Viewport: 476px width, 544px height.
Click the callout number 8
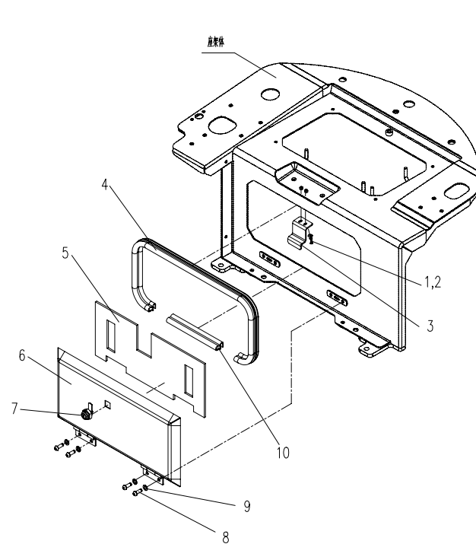(225, 536)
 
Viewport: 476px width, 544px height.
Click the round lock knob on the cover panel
(86, 415)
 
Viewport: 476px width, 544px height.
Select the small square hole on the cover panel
(108, 403)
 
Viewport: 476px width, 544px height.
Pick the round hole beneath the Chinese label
(268, 95)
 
